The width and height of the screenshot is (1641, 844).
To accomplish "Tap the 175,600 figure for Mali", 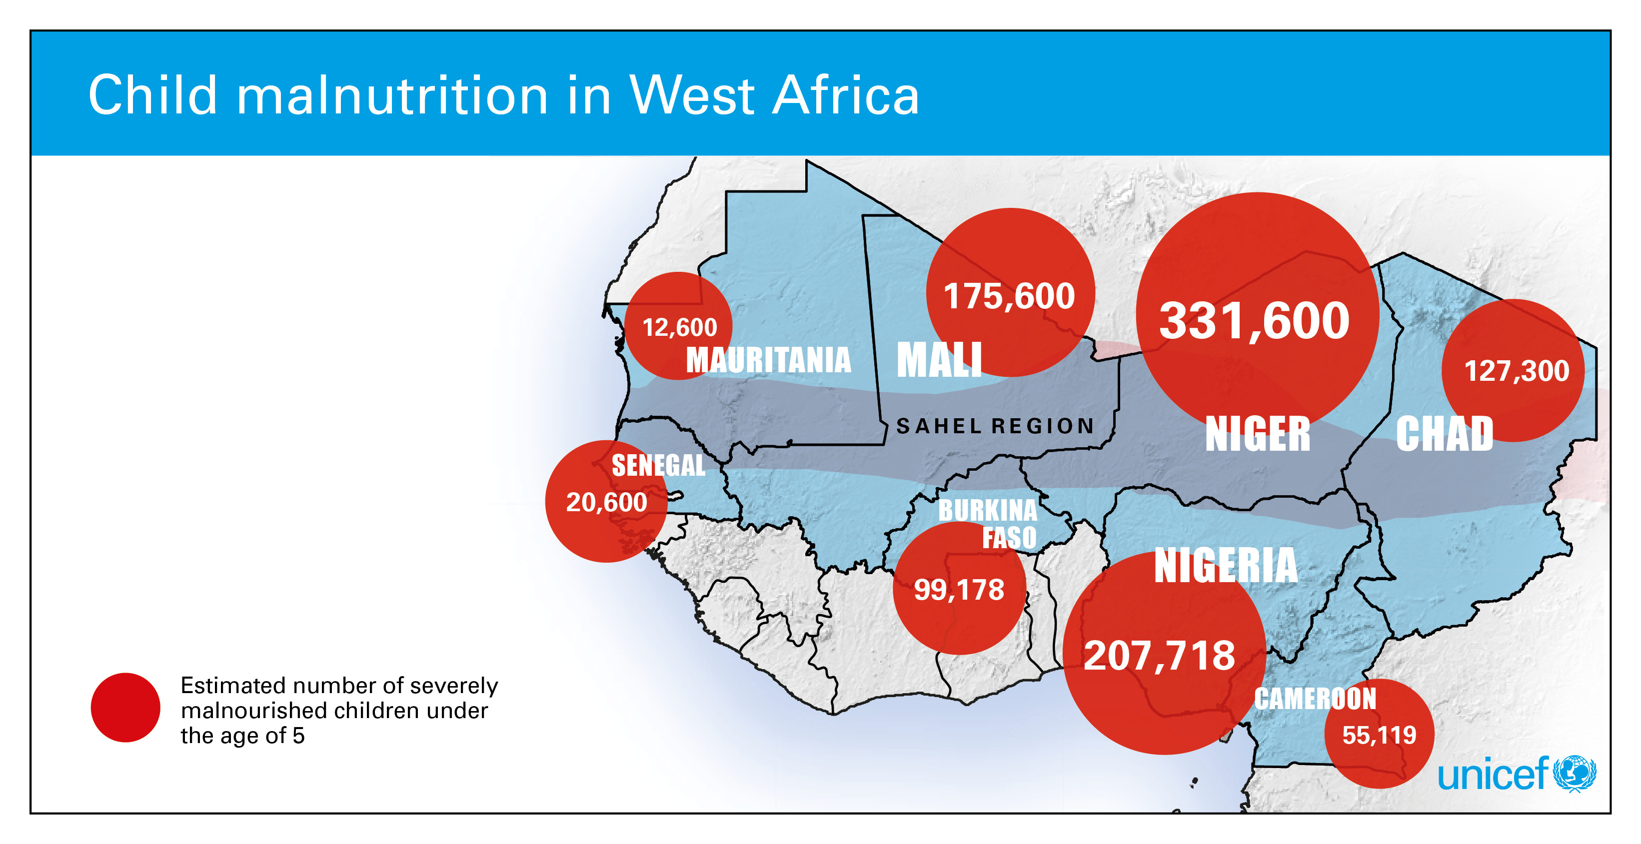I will click(1009, 296).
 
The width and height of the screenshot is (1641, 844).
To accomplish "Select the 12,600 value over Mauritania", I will click(679, 327).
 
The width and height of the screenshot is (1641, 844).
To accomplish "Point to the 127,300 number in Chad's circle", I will click(1516, 371).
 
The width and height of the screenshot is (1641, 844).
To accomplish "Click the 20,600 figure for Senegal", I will click(606, 503).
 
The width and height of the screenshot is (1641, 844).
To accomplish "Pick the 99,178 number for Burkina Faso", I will click(959, 589).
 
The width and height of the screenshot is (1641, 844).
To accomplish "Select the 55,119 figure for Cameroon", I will click(1379, 735).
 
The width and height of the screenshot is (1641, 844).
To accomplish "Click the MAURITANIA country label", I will click(768, 360).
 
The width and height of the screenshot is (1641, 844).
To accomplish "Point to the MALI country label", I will click(939, 360).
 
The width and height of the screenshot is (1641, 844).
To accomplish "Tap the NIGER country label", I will click(1258, 434).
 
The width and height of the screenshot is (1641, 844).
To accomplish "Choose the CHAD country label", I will click(1444, 434).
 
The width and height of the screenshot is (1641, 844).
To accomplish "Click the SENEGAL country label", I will click(658, 465).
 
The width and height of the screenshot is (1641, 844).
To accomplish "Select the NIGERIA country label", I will click(1226, 566).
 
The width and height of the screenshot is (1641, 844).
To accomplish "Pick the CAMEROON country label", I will click(1315, 699).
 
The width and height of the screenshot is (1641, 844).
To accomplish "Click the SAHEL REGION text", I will click(995, 426).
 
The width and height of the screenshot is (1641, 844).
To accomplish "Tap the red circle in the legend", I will click(125, 707).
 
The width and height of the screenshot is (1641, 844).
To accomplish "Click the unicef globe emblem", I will click(1575, 774).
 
